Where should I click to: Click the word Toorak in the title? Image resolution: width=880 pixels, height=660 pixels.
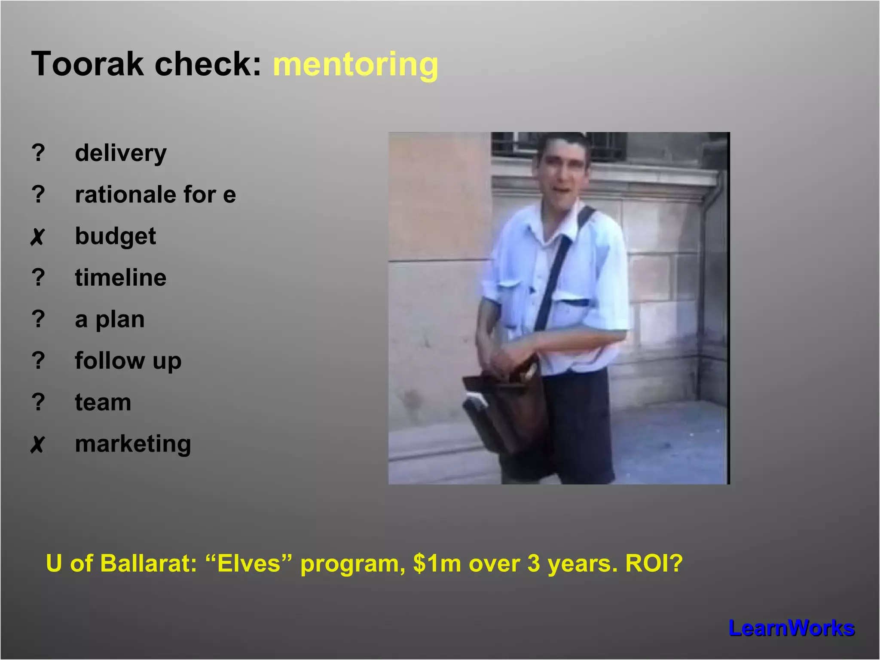[x=87, y=64]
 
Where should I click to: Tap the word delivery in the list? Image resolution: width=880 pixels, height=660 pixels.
[x=121, y=153]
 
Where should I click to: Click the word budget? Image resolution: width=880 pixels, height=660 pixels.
[x=115, y=236]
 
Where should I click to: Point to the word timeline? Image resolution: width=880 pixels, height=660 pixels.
[x=120, y=278]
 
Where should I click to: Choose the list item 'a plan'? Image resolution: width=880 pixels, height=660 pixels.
[x=110, y=320]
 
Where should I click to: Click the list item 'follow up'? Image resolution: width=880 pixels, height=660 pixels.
[x=128, y=361]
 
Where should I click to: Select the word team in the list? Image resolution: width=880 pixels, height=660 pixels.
[x=103, y=403]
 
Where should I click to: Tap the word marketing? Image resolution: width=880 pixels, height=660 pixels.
[x=133, y=444]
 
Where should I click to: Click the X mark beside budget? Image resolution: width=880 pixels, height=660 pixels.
[x=38, y=237]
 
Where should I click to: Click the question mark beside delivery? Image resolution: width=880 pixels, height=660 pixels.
[x=38, y=153]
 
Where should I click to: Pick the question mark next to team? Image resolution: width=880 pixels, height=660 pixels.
[x=38, y=403]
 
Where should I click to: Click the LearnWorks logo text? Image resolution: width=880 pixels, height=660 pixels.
[x=791, y=628]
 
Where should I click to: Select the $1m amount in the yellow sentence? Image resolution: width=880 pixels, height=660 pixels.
[x=437, y=563]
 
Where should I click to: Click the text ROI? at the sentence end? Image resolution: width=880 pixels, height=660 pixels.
[x=654, y=563]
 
